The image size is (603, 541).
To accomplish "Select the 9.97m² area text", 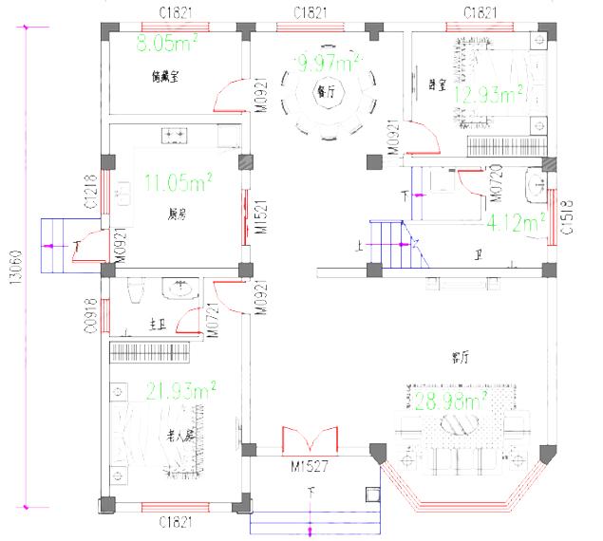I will pos(328,64).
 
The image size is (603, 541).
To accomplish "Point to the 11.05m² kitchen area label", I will pos(178,179).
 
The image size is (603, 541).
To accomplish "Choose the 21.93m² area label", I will pos(181,389).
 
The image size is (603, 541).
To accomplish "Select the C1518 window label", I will pos(567,217).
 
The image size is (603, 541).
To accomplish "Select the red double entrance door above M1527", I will pos(311,439).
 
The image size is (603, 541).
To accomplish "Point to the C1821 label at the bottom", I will pos(177,521).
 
